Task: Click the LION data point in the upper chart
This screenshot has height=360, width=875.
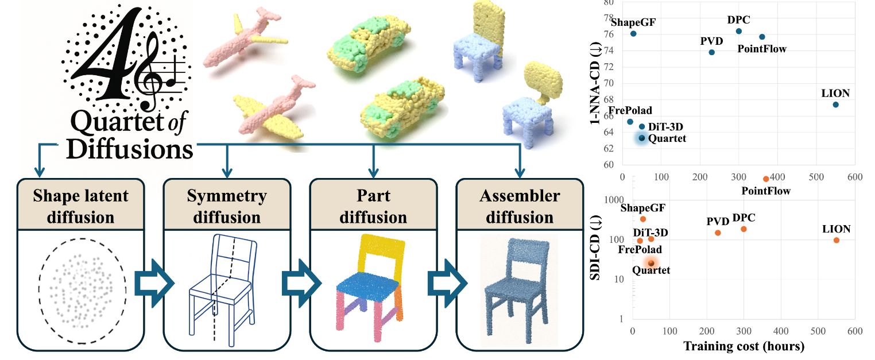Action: point(835,104)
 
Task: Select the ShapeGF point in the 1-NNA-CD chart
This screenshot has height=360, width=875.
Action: point(633,33)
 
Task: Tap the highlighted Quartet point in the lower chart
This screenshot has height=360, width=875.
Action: point(651,263)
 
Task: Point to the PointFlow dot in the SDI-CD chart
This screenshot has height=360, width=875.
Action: point(766,179)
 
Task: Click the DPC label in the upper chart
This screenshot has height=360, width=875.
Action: point(739,20)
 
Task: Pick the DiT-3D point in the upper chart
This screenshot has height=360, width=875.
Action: point(642,126)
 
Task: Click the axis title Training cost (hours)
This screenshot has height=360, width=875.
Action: point(744,346)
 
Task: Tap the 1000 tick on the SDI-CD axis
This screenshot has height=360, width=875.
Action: point(614,200)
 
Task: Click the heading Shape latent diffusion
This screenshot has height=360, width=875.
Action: point(80,207)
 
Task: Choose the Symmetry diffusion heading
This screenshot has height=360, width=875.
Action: point(227,207)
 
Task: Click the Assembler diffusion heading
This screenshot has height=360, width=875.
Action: point(520,207)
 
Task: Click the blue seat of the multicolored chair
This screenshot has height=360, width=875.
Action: point(367,288)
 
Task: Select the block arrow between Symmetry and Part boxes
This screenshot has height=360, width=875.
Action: point(301,284)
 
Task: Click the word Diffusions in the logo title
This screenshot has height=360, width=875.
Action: point(130,149)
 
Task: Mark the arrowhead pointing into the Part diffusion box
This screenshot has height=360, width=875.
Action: point(373,173)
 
